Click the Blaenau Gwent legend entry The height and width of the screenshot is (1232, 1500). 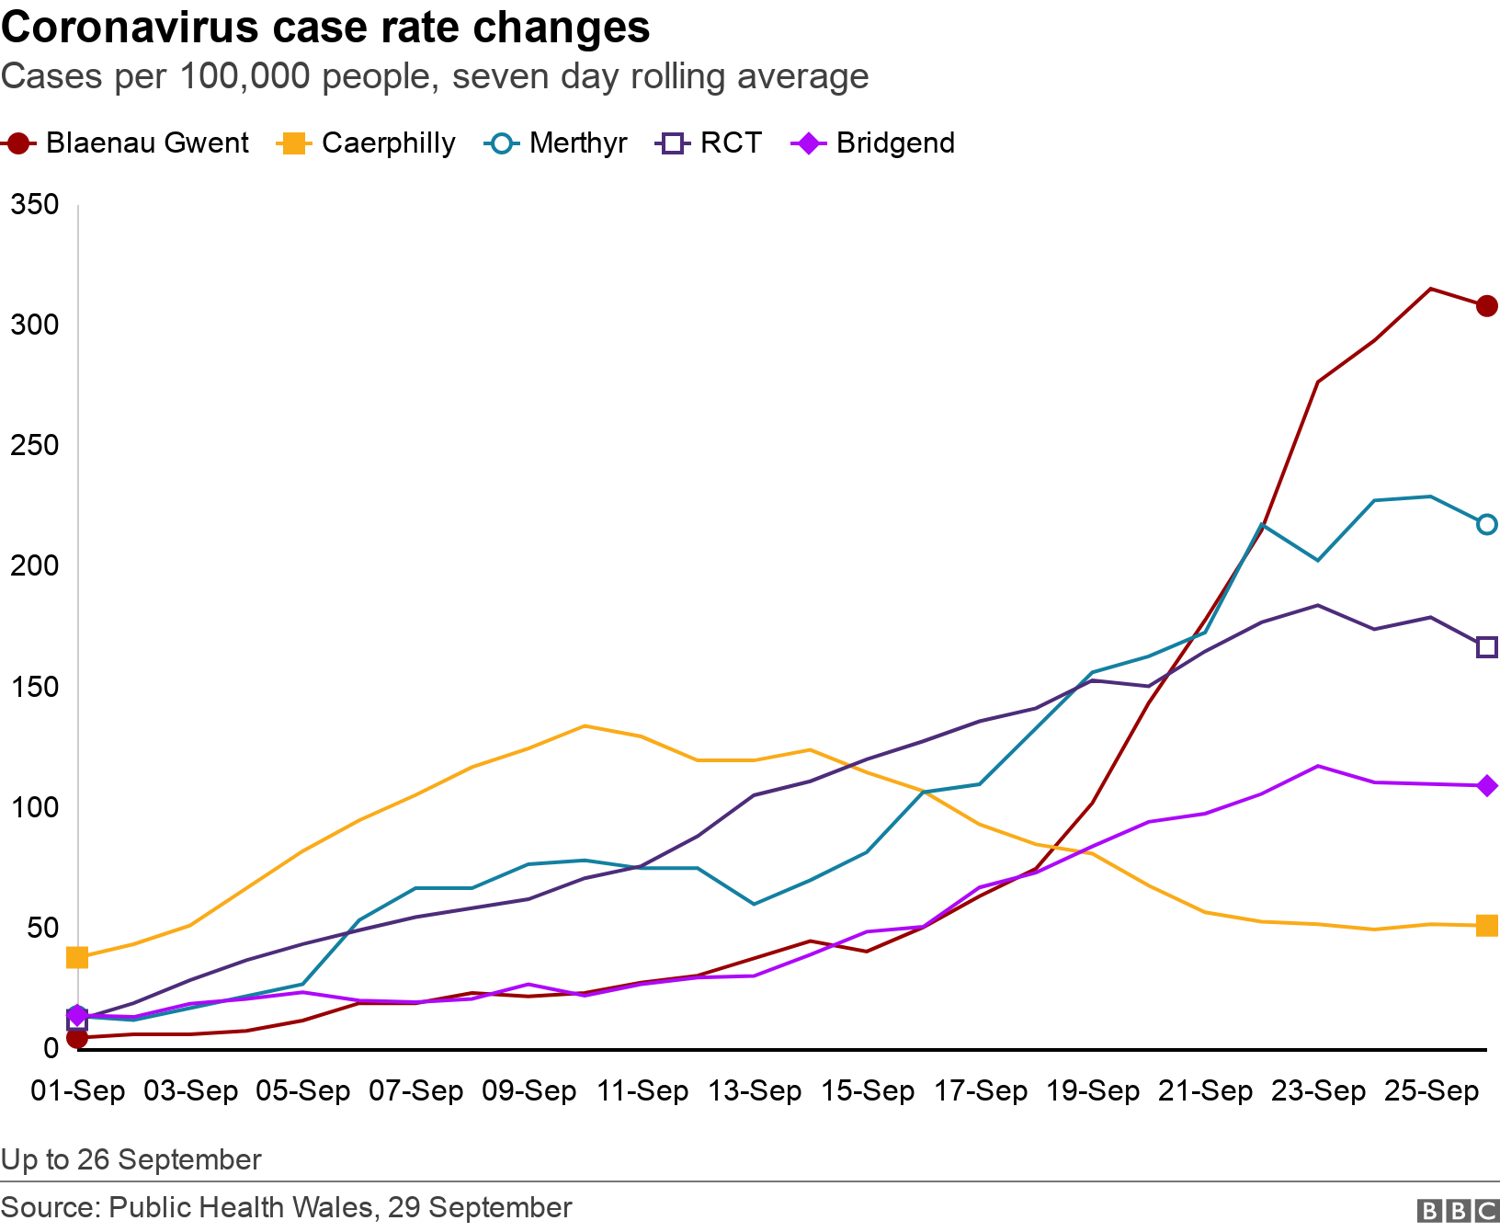click(x=127, y=143)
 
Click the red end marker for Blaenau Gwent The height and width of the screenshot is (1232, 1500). click(x=1486, y=306)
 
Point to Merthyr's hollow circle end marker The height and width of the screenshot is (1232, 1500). click(x=1486, y=524)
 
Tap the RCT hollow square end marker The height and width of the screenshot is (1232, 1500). click(x=1486, y=647)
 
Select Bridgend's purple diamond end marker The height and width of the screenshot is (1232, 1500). click(x=1486, y=786)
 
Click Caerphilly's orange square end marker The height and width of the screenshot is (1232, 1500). click(x=1486, y=926)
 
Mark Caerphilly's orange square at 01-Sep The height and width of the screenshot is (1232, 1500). click(x=77, y=958)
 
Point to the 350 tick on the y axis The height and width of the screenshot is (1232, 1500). click(x=34, y=205)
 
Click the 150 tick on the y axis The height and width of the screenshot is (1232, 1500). click(x=34, y=687)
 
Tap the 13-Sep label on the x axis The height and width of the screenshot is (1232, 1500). click(x=755, y=1091)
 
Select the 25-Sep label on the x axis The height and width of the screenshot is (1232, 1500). click(x=1431, y=1091)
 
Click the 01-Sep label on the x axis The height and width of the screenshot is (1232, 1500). click(x=78, y=1091)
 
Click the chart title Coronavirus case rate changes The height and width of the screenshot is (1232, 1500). click(x=325, y=28)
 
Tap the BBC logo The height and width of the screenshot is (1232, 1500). click(x=1458, y=1210)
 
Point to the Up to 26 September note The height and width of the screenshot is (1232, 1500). click(x=131, y=1159)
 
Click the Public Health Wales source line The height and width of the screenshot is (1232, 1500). click(x=286, y=1207)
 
